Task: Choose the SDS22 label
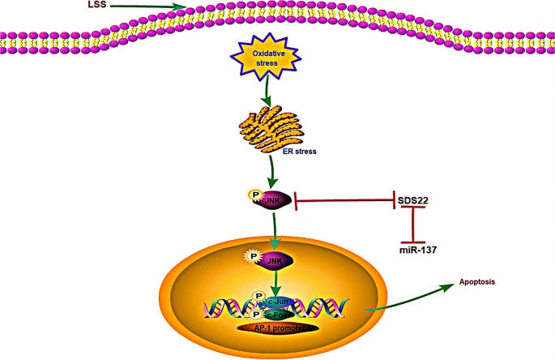416,199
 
